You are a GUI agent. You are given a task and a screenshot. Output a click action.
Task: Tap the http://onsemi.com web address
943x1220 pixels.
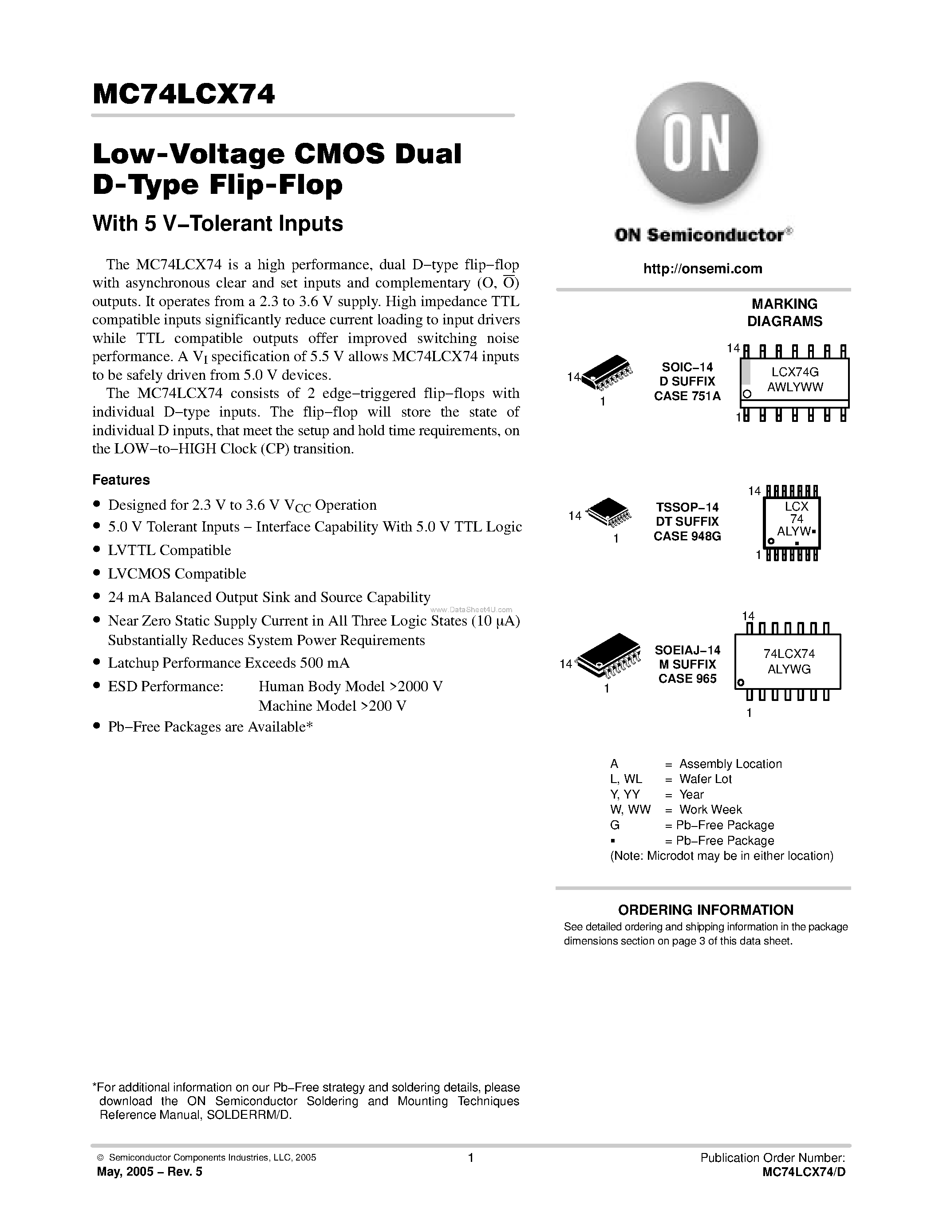click(x=702, y=269)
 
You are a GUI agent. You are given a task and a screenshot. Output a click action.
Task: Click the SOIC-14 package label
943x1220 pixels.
click(x=687, y=367)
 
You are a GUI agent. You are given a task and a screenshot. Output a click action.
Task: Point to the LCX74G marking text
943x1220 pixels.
click(x=794, y=371)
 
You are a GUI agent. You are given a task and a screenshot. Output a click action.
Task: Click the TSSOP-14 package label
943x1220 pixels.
click(x=687, y=507)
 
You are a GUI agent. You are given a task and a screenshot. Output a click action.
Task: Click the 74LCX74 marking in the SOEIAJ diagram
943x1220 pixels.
click(x=789, y=653)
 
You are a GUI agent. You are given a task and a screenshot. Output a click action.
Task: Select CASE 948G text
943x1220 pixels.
click(x=687, y=536)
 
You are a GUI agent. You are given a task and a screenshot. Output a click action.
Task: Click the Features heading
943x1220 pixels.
click(x=121, y=480)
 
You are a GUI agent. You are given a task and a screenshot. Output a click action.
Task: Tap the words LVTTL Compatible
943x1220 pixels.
click(x=169, y=550)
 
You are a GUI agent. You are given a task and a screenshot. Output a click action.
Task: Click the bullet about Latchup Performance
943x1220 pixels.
click(x=228, y=663)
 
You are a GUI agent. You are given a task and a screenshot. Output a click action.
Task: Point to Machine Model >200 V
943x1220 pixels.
click(x=332, y=706)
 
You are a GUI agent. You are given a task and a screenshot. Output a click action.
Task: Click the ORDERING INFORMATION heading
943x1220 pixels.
click(x=705, y=909)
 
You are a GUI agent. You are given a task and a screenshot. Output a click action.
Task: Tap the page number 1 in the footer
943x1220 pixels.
click(x=470, y=1158)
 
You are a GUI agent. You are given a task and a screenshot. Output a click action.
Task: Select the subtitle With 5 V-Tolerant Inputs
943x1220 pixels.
click(x=217, y=224)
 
